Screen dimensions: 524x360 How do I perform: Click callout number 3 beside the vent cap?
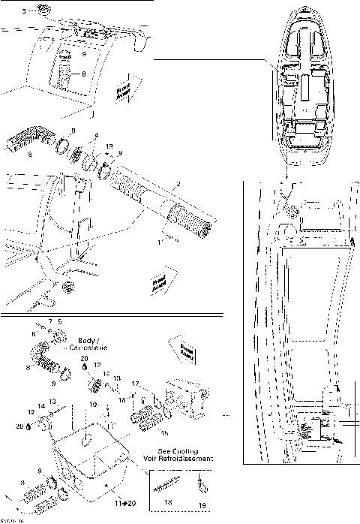(22, 12)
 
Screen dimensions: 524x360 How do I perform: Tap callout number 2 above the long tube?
(178, 185)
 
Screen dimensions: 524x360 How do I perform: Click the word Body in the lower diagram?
(88, 340)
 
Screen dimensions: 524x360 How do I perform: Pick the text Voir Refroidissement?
(177, 456)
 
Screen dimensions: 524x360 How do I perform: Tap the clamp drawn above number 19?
(201, 480)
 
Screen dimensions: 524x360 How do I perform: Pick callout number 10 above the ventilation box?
(91, 404)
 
